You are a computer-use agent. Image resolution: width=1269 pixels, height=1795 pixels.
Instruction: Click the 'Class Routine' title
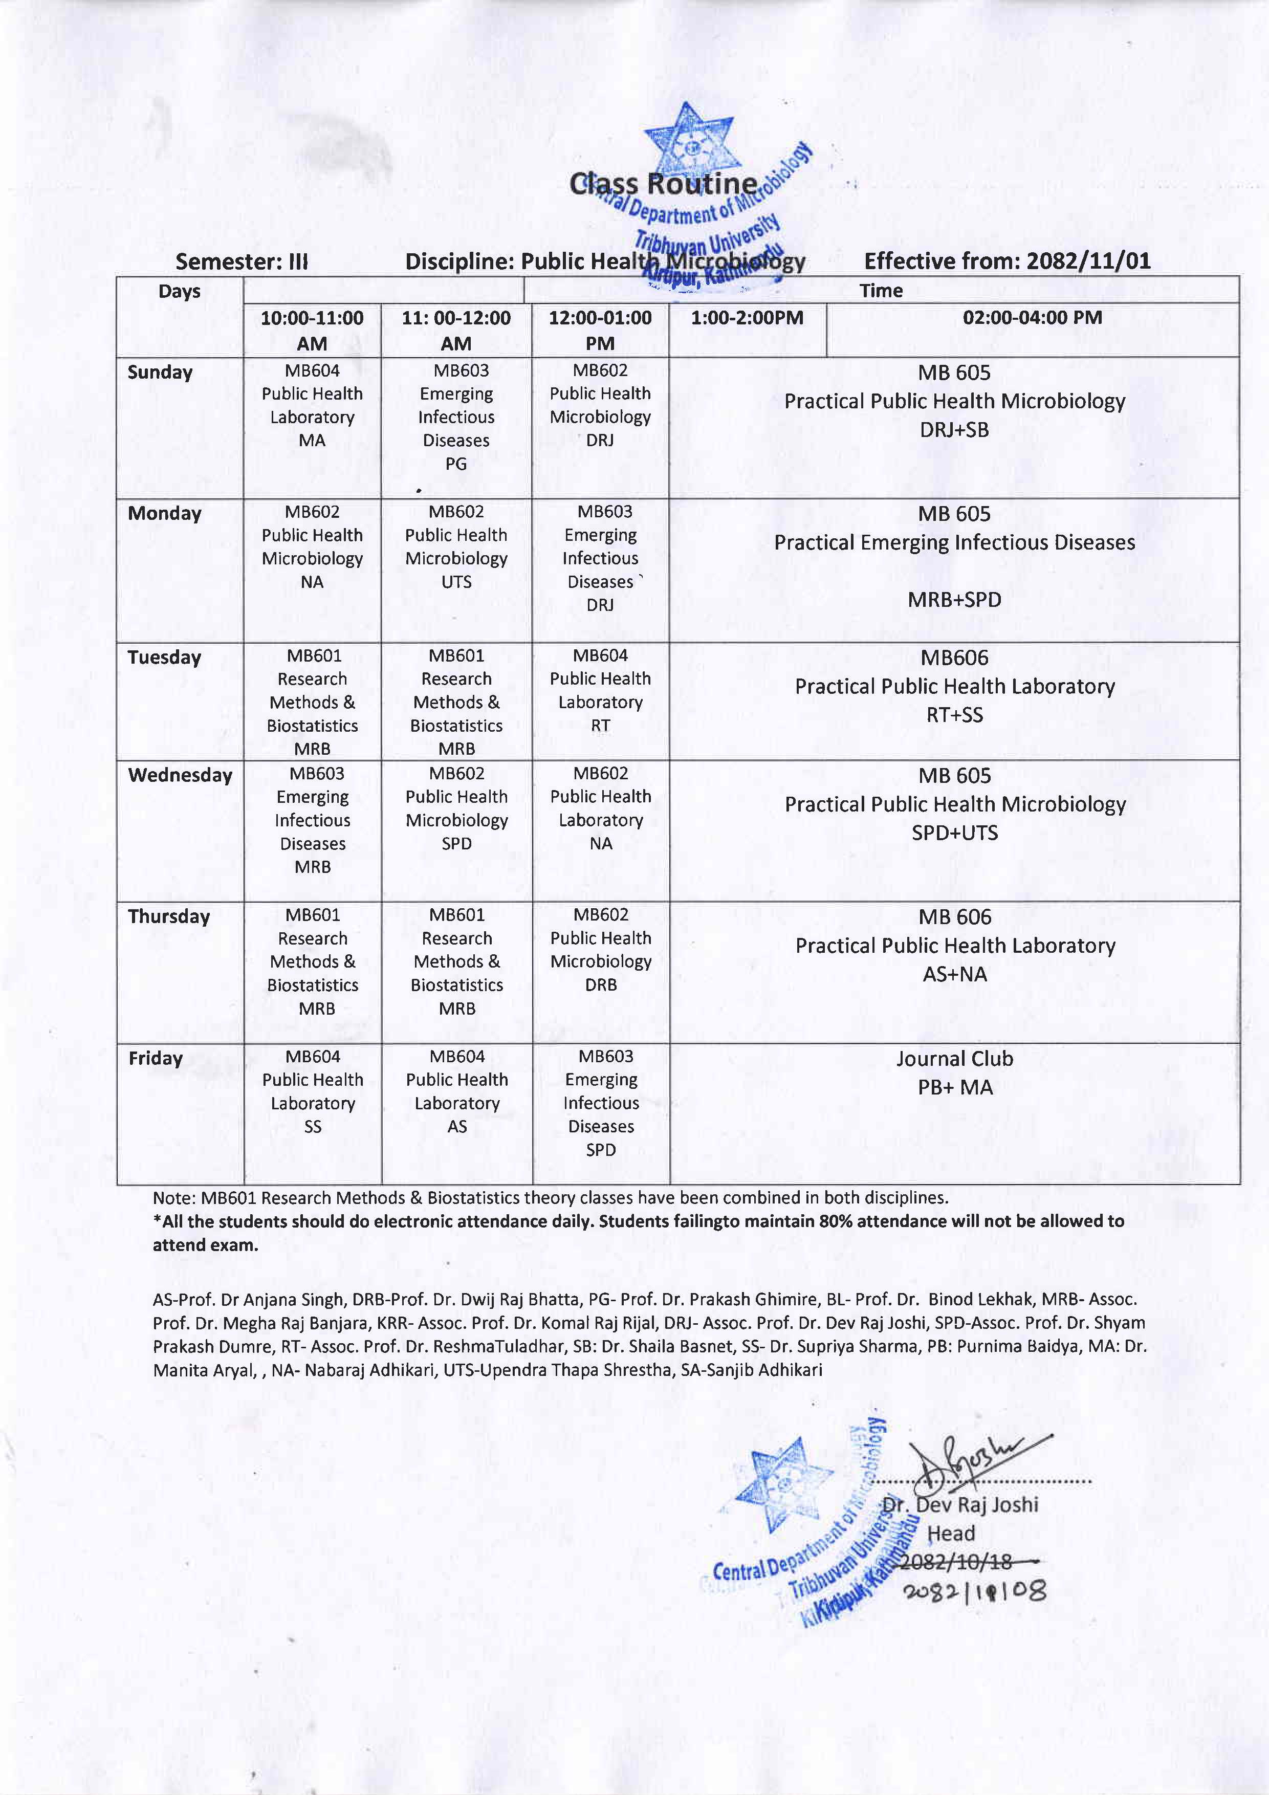coord(663,185)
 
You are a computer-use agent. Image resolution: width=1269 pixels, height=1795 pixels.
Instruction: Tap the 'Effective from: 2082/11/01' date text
coord(1007,260)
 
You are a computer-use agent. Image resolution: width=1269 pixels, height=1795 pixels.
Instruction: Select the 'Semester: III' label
coord(242,261)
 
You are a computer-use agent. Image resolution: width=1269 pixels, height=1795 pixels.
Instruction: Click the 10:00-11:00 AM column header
coord(312,330)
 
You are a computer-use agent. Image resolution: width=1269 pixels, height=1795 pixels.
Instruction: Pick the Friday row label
coord(156,1059)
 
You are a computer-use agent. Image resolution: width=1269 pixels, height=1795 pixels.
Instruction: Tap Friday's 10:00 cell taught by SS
coord(312,1091)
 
